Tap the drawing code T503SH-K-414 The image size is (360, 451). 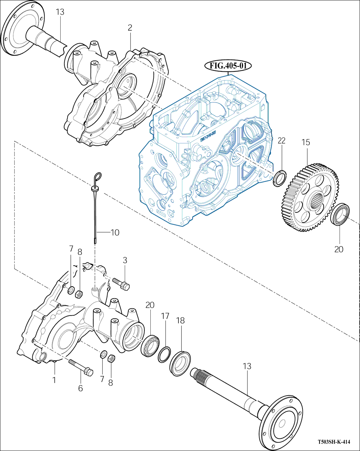point(334,442)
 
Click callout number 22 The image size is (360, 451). point(281,140)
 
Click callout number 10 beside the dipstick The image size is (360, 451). point(115,232)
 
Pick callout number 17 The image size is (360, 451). point(165,316)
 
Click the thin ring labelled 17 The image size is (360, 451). point(164,354)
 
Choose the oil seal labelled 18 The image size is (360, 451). point(180,363)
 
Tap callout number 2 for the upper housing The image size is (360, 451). point(130,28)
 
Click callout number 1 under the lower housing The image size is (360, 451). point(54,380)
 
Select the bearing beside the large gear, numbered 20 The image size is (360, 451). point(341,215)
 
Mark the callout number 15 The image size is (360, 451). point(305,142)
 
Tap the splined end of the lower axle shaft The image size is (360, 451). point(199,374)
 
